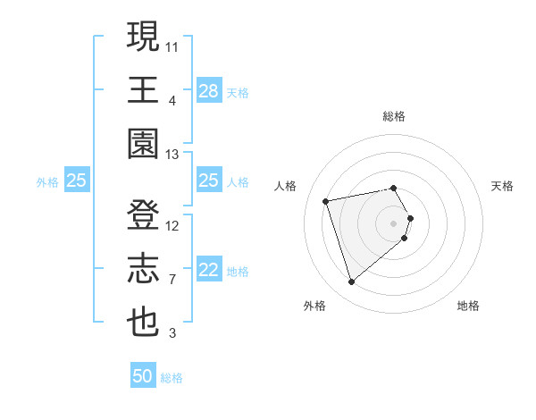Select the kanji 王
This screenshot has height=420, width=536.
[144, 90]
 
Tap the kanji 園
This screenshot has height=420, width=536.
[144, 144]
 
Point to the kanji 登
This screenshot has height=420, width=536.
[144, 215]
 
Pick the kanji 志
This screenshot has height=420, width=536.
[144, 269]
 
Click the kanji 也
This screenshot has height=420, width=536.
[144, 323]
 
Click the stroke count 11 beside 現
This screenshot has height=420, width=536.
[172, 46]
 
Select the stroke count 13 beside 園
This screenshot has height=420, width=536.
[172, 155]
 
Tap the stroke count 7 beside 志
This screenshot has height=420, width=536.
[172, 280]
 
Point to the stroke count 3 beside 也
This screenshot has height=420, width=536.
[172, 334]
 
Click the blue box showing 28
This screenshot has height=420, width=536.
[208, 90]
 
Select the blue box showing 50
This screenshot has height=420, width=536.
[143, 376]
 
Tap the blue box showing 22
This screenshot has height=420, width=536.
[208, 270]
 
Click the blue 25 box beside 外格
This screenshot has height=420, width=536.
[76, 181]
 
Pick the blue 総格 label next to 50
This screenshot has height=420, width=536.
[172, 378]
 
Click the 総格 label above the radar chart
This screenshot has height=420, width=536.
[394, 116]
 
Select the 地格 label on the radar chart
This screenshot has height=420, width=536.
[468, 306]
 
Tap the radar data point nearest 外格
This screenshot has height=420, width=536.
[352, 282]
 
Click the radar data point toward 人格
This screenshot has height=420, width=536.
[326, 200]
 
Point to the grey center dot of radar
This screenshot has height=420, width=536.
[394, 222]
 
